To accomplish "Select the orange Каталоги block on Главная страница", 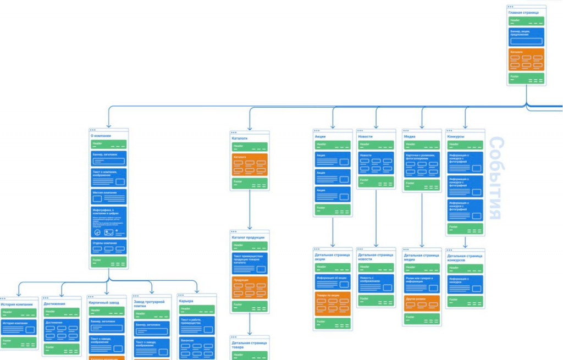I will pyautogui.click(x=526, y=59).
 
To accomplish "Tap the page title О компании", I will pyautogui.click(x=101, y=135).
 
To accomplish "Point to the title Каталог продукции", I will pyautogui.click(x=248, y=237).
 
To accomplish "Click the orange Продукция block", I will pyautogui.click(x=250, y=287).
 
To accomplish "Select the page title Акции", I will pyautogui.click(x=321, y=136).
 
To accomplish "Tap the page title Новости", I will pyautogui.click(x=366, y=136).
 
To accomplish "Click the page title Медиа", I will pyautogui.click(x=410, y=136).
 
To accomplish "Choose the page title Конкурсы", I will pyautogui.click(x=456, y=136).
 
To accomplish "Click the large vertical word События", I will pyautogui.click(x=496, y=179).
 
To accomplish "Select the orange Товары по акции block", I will pyautogui.click(x=333, y=304).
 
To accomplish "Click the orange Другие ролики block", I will pyautogui.click(x=422, y=303).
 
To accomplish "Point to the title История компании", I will pyautogui.click(x=17, y=304).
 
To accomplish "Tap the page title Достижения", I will pyautogui.click(x=54, y=304).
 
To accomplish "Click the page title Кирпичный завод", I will pyautogui.click(x=104, y=302).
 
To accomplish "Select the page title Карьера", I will pyautogui.click(x=186, y=301).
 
